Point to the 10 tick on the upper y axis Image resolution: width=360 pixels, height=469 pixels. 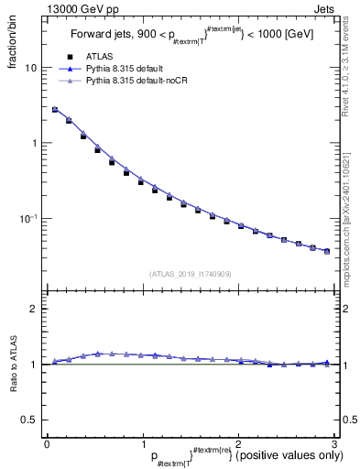[31, 68]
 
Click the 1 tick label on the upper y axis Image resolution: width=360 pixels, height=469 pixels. [35, 144]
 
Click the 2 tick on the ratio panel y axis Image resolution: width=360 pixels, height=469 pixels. [35, 309]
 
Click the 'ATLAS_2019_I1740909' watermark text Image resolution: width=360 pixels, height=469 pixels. [190, 273]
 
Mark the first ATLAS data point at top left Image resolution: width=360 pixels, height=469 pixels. [55, 110]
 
